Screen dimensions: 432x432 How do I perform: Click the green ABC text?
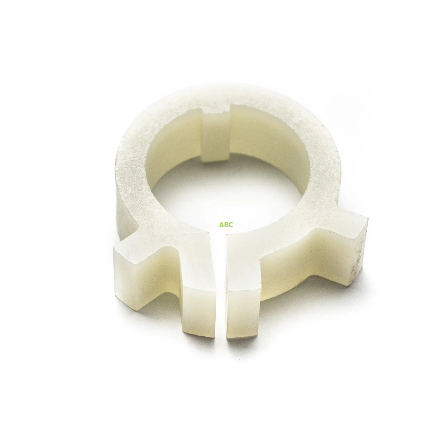[x=226, y=225]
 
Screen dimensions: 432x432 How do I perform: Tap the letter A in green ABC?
[x=221, y=225]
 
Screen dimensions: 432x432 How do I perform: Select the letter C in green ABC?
[x=231, y=225]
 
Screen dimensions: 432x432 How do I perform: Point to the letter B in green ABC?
[x=226, y=225]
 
